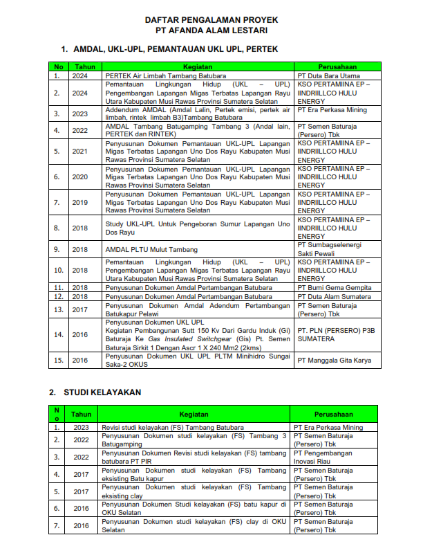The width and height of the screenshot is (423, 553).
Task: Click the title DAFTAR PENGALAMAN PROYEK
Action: pyautogui.click(x=211, y=20)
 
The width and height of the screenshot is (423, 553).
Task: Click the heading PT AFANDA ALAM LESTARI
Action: pyautogui.click(x=211, y=30)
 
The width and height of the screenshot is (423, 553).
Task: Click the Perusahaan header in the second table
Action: pyautogui.click(x=335, y=414)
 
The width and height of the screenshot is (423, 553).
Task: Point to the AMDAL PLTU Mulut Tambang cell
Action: pyautogui.click(x=151, y=249)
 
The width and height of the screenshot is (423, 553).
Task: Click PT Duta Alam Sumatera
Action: pyautogui.click(x=334, y=296)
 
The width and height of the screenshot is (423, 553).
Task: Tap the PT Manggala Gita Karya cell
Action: pyautogui.click(x=334, y=361)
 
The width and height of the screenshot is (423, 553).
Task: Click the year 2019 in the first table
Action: pyautogui.click(x=80, y=203)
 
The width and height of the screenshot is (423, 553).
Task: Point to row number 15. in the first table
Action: pyautogui.click(x=58, y=361)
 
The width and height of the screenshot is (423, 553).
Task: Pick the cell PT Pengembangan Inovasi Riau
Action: pyautogui.click(x=325, y=457)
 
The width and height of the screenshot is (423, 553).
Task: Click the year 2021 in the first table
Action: pyautogui.click(x=80, y=150)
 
